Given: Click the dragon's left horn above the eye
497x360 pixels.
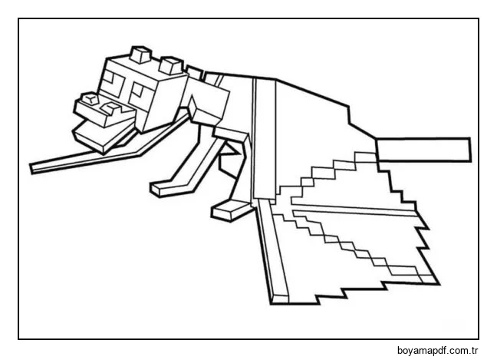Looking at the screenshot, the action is [x=140, y=54].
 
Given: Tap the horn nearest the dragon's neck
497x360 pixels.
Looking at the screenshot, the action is [x=172, y=66].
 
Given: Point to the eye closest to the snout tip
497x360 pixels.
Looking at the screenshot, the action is [x=114, y=81].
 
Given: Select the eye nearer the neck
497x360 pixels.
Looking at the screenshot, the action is [x=138, y=91].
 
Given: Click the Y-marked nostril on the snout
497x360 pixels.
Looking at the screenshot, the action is [x=90, y=98].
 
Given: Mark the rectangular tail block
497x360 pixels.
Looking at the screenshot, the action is [x=423, y=150].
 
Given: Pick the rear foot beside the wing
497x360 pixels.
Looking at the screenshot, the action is [x=231, y=210].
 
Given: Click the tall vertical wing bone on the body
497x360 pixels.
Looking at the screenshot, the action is [x=264, y=139].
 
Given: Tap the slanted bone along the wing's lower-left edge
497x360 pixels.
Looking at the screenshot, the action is [x=272, y=251].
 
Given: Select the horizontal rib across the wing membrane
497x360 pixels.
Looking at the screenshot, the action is [x=354, y=210].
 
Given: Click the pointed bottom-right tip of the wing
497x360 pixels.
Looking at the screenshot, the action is [x=439, y=284].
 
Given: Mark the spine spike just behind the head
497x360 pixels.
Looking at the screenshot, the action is [x=194, y=72].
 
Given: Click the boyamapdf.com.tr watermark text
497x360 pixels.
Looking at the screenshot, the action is [x=437, y=351].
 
